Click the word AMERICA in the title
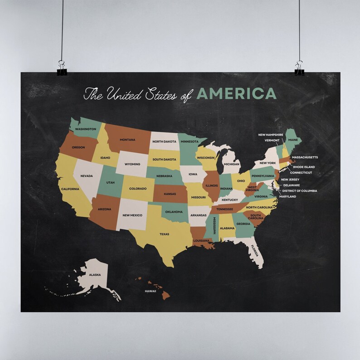pos(236,93)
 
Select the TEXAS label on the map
pos(164,234)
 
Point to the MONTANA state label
pos(127,140)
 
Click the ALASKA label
pos(95,275)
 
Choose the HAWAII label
pos(151,291)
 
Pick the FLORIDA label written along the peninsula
pos(254,251)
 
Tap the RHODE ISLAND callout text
pos(303,167)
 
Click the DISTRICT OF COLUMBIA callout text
pos(300,191)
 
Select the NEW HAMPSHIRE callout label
pos(271,135)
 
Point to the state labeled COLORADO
pos(138,189)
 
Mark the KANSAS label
pos(170,194)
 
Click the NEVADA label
pos(87,176)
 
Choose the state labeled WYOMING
pos(132,164)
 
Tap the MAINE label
pos(293,140)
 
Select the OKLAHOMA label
pos(174,212)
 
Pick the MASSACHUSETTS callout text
pos(305,157)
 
